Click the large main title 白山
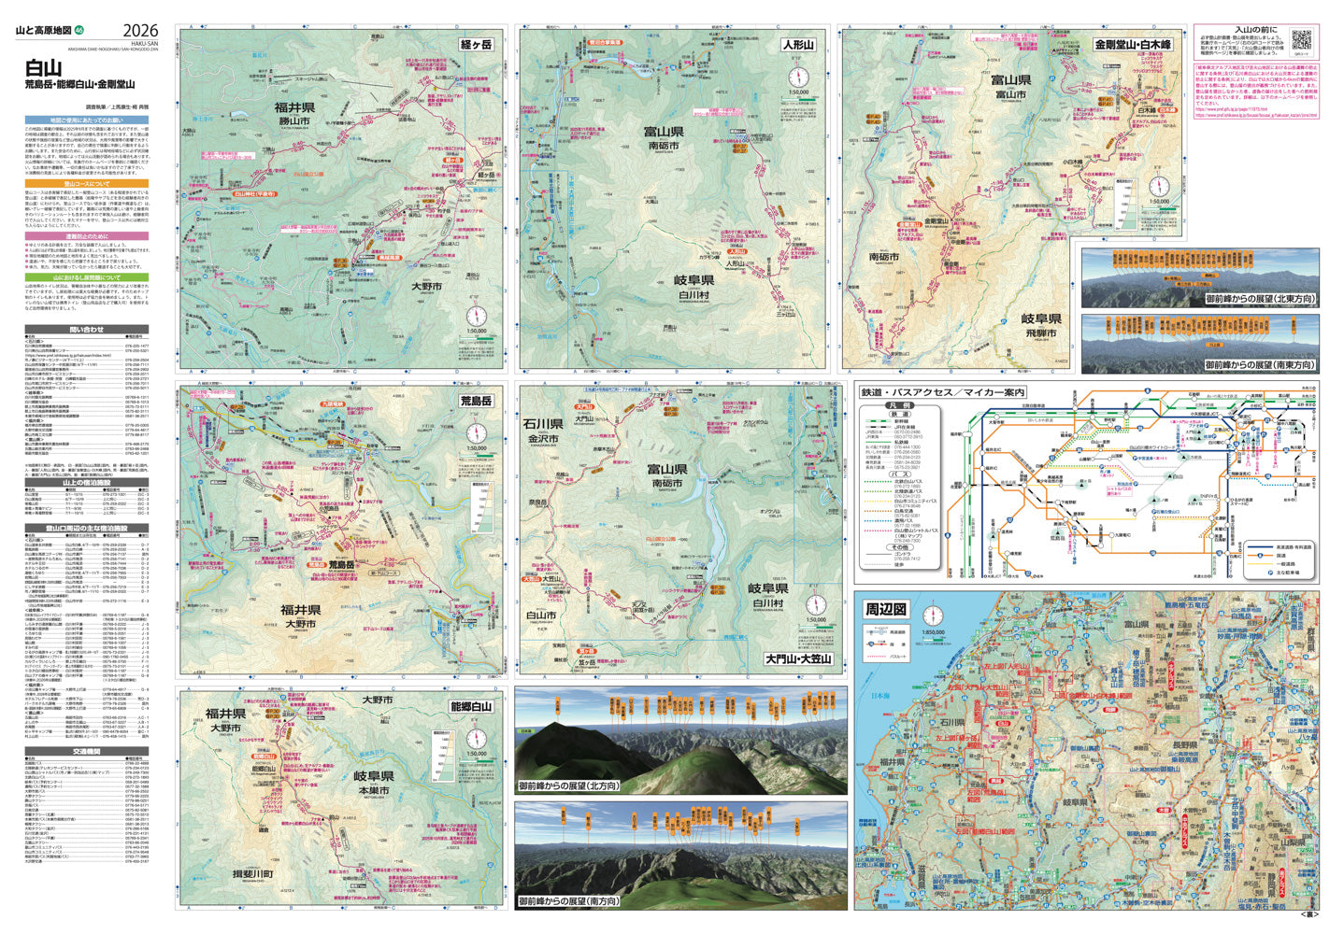pos(44,67)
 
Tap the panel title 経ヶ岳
pos(475,43)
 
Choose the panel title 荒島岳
pos(475,401)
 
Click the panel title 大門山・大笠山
pos(797,658)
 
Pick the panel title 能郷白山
pos(470,706)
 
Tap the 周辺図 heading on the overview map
pos(884,609)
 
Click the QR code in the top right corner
pos(1302,40)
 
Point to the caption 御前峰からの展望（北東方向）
pos(1259,299)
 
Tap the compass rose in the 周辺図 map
pos(933,615)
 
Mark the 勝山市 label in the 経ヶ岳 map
pos(293,121)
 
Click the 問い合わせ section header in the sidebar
pos(86,330)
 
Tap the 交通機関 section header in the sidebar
pos(86,751)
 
